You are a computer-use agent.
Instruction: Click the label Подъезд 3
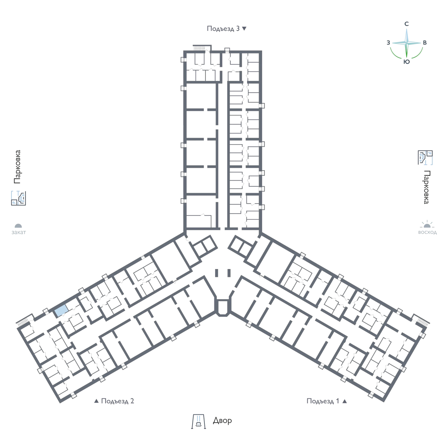click(223, 29)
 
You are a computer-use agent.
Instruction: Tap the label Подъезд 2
click(117, 401)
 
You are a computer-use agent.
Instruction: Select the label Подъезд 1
click(323, 401)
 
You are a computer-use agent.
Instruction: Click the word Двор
click(222, 420)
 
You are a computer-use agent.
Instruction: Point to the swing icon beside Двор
click(198, 421)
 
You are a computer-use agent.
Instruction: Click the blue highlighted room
click(61, 310)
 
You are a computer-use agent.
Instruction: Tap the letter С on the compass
click(407, 24)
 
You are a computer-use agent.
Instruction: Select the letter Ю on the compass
click(407, 62)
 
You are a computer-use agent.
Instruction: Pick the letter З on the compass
click(388, 43)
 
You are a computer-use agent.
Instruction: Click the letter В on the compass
click(425, 43)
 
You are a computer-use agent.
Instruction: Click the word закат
click(19, 232)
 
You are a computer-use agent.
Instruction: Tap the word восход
click(427, 232)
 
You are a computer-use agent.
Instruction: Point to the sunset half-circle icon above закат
click(18, 226)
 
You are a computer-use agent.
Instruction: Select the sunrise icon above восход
click(427, 224)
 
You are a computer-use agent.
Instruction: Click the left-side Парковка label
click(17, 167)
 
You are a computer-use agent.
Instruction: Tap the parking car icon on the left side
click(19, 198)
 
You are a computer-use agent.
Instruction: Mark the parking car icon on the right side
click(425, 158)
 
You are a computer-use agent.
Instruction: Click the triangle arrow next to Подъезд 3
click(244, 29)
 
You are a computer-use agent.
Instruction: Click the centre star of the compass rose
click(407, 43)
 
